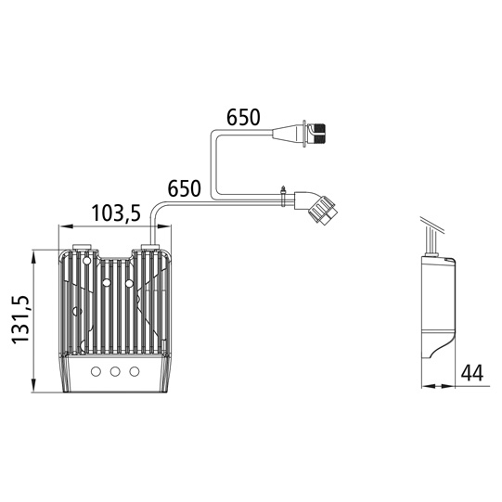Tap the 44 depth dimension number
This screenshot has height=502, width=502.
click(472, 373)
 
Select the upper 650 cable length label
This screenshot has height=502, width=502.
click(244, 118)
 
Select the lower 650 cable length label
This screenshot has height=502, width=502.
click(184, 188)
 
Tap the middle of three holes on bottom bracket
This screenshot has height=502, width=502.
click(115, 371)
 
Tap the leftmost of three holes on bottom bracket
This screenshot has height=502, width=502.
click(96, 371)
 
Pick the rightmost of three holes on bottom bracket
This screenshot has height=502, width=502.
click(135, 371)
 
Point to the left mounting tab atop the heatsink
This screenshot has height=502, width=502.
click(82, 248)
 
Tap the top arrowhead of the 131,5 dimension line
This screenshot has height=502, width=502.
click(33, 253)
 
